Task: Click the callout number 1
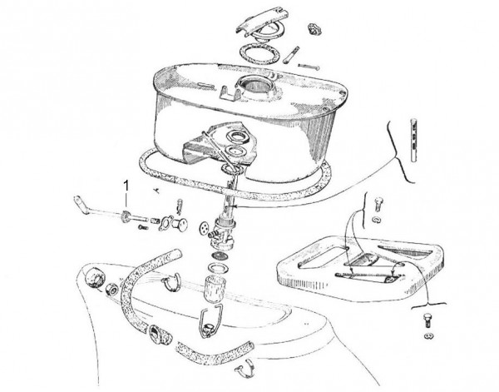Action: tap(126, 186)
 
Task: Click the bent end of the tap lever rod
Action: tap(80, 202)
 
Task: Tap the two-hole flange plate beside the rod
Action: tap(166, 222)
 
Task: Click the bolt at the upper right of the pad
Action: tap(378, 203)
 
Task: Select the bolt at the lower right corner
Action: tap(428, 320)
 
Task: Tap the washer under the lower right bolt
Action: tap(429, 335)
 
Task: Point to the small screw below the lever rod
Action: tap(142, 227)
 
